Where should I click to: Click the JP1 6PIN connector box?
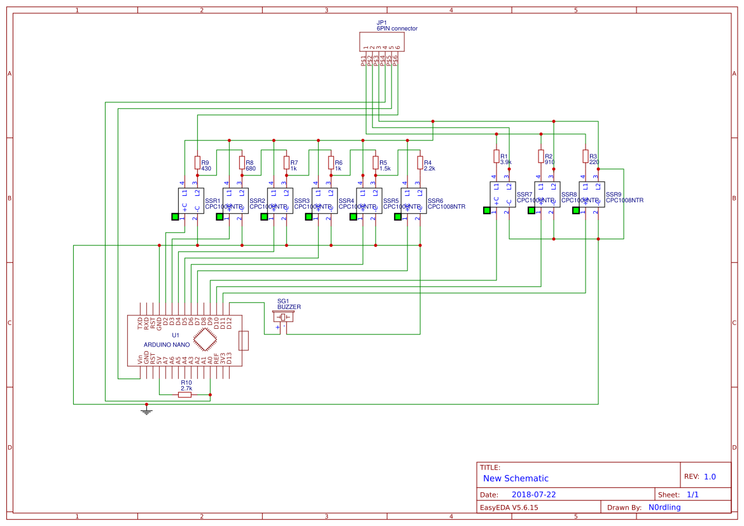[x=382, y=43]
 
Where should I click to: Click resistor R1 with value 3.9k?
[x=496, y=156]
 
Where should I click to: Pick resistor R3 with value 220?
[x=586, y=156]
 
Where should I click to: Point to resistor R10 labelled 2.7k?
[x=185, y=394]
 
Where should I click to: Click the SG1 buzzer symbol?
[x=283, y=317]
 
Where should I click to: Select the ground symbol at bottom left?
[x=146, y=411]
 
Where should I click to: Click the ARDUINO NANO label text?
[x=167, y=345]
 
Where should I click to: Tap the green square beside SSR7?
[x=487, y=210]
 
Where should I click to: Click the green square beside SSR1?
[x=175, y=216]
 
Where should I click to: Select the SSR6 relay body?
[x=414, y=200]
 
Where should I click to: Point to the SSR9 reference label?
[x=614, y=194]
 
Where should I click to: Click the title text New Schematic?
[x=516, y=478]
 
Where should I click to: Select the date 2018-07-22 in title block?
[x=533, y=494]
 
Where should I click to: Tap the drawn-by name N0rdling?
[x=664, y=507]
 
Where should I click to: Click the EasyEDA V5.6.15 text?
[x=509, y=507]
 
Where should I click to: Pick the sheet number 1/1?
[x=692, y=494]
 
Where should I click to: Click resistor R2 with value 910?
[x=541, y=156]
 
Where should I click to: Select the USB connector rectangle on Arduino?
[x=243, y=340]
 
